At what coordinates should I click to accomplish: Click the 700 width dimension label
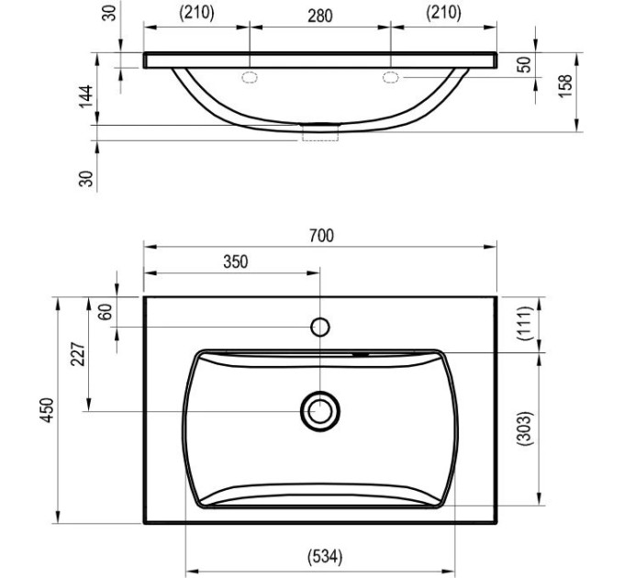coord(321,236)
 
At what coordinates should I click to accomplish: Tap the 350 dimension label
coord(236,261)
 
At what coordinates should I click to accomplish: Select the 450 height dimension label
coord(48,410)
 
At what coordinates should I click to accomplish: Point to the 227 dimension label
coord(78,353)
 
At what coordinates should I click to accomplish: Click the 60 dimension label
coord(106,312)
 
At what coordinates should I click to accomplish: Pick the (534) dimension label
coord(325,557)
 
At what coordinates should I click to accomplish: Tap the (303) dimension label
coord(524,428)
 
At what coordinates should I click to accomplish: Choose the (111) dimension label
coord(524,323)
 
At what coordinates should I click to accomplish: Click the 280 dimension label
coord(320,16)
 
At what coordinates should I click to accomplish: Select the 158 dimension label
coord(564,85)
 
